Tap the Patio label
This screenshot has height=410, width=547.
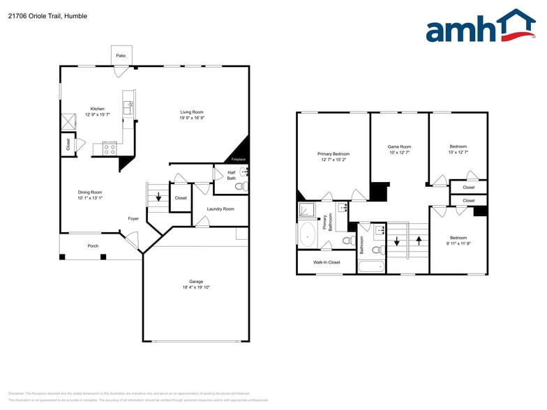pyautogui.click(x=121, y=54)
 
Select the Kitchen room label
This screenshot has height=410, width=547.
pyautogui.click(x=97, y=109)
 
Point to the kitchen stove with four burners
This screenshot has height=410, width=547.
pyautogui.click(x=110, y=149)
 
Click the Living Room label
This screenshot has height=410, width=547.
pyautogui.click(x=192, y=112)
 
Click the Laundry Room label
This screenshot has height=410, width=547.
pyautogui.click(x=220, y=208)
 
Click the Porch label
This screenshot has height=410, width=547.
pyautogui.click(x=93, y=245)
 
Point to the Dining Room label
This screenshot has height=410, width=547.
pyautogui.click(x=90, y=192)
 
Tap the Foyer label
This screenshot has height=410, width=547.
pyautogui.click(x=133, y=218)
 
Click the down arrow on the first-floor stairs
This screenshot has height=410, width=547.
pyautogui.click(x=158, y=197)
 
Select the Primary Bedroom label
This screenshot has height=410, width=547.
pyautogui.click(x=333, y=153)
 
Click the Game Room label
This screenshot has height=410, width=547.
pyautogui.click(x=399, y=146)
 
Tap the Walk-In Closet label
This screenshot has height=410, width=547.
pyautogui.click(x=327, y=262)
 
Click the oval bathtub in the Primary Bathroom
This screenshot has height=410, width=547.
pyautogui.click(x=308, y=236)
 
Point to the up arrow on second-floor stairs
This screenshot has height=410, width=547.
pyautogui.click(x=419, y=241)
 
